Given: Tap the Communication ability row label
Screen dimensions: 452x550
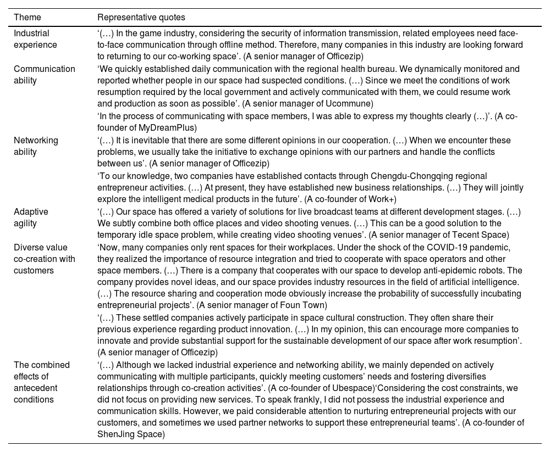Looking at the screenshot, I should click(x=45, y=75).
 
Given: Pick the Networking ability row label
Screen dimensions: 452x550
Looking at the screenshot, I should click(x=36, y=146).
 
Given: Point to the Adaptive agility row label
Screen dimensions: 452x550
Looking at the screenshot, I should click(x=31, y=217).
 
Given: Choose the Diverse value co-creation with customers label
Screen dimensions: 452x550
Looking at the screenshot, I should click(x=45, y=258).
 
